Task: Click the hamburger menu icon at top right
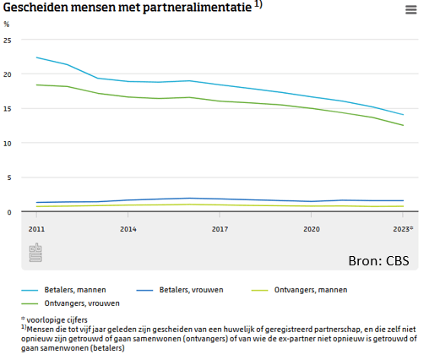[x=411, y=10]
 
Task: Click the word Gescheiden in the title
[x=37, y=8]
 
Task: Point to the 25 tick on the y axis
[x=8, y=40]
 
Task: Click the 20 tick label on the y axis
[x=8, y=74]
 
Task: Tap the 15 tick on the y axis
[x=8, y=109]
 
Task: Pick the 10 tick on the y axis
[x=8, y=144]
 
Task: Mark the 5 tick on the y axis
[x=9, y=177]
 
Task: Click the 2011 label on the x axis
[x=36, y=229]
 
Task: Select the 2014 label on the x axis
[x=128, y=229]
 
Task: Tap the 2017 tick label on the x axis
[x=220, y=229]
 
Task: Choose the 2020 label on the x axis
[x=312, y=229]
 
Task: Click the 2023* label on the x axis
[x=404, y=229]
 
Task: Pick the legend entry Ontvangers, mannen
[x=311, y=290]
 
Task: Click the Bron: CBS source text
[x=378, y=260]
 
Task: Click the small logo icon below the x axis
[x=36, y=254]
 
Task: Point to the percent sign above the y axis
[x=7, y=25]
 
